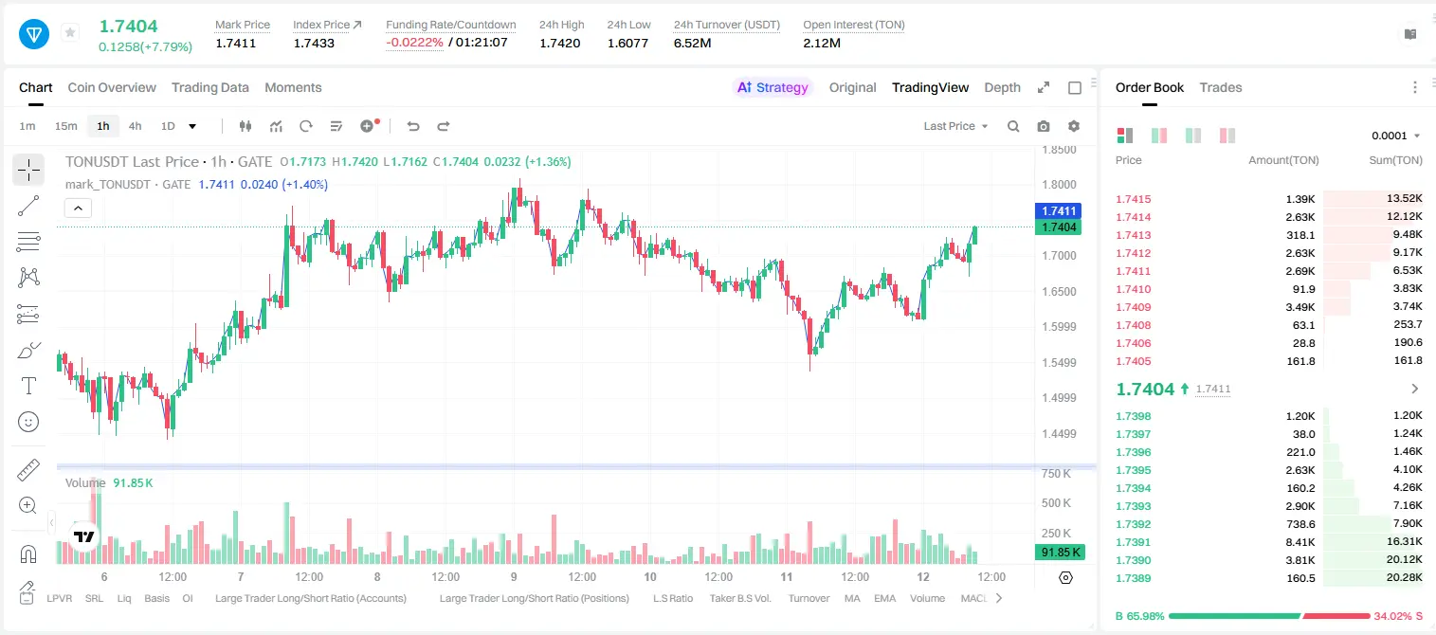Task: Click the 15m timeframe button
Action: (66, 126)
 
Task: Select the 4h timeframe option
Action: (135, 126)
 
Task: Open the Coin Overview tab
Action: (112, 87)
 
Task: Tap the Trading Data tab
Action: (210, 87)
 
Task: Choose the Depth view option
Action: (1002, 87)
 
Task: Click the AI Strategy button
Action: (773, 87)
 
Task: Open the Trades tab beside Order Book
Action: (1221, 87)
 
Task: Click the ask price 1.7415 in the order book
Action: (1134, 199)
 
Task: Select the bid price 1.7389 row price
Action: (1134, 578)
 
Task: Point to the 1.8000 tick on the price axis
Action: (1059, 185)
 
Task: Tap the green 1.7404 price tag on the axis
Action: (1059, 227)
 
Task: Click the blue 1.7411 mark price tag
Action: (1059, 210)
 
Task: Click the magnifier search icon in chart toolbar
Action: (1013, 126)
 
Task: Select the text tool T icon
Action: (28, 386)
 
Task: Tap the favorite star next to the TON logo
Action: (70, 32)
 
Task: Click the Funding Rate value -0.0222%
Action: (414, 43)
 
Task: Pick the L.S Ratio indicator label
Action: (673, 598)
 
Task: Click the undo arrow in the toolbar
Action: (413, 126)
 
